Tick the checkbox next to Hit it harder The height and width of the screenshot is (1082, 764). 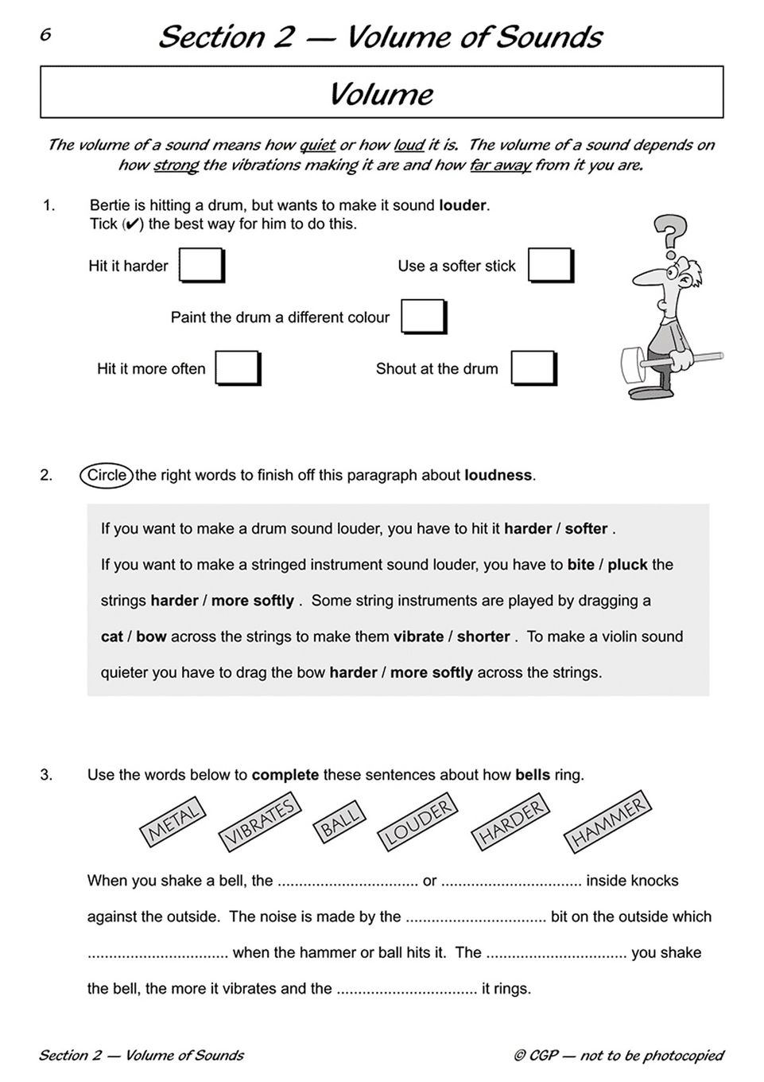click(x=201, y=265)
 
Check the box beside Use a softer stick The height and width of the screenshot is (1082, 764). click(x=550, y=265)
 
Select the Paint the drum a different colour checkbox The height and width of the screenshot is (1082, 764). click(x=423, y=317)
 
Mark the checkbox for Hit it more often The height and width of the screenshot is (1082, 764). click(x=238, y=368)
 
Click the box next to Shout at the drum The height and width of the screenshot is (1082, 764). click(x=533, y=368)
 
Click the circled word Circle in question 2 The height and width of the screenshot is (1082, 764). click(x=107, y=475)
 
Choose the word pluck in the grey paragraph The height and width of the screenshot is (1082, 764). click(x=628, y=565)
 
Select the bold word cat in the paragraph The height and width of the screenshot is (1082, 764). click(x=112, y=636)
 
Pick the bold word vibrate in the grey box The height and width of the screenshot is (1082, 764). click(x=419, y=636)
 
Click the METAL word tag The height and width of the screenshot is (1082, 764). click(x=173, y=822)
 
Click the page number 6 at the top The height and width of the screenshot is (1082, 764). click(x=45, y=34)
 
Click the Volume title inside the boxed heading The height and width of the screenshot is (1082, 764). click(x=382, y=94)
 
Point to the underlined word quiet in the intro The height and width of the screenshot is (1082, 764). click(x=317, y=145)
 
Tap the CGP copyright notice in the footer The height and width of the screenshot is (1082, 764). click(x=619, y=1056)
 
